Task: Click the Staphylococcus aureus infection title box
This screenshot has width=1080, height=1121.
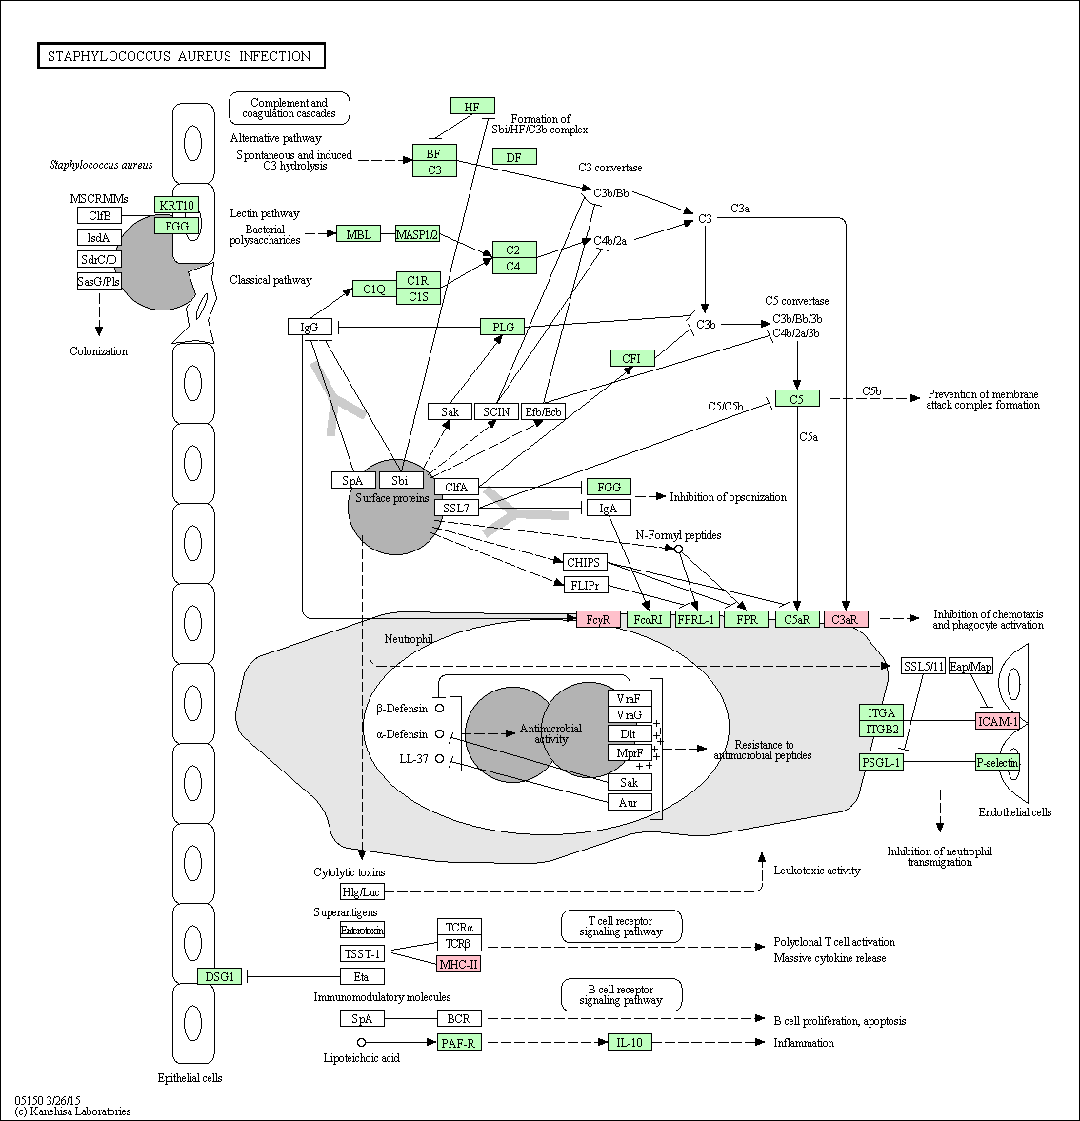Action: (x=181, y=56)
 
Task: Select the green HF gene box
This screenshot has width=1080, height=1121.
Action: (x=472, y=107)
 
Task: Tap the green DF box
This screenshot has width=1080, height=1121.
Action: (x=514, y=156)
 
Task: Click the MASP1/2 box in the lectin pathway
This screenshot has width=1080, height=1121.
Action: (x=417, y=233)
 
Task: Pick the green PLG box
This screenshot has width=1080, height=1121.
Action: (x=503, y=327)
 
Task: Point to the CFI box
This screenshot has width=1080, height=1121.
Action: (x=631, y=358)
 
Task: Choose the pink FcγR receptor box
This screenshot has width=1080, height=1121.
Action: (x=598, y=619)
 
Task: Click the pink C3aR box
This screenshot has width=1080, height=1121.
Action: (x=846, y=619)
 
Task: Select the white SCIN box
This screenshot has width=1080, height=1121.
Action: (x=496, y=411)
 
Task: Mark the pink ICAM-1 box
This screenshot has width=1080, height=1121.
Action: (x=998, y=721)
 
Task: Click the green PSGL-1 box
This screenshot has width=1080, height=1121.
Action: (x=881, y=762)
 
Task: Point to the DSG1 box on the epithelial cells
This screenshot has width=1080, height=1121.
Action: (x=219, y=976)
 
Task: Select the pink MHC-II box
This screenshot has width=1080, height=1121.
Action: (x=459, y=964)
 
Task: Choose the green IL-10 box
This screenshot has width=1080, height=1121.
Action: (x=630, y=1042)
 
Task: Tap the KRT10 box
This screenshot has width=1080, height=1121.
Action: (x=176, y=205)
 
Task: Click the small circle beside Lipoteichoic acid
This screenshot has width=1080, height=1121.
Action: (x=362, y=1042)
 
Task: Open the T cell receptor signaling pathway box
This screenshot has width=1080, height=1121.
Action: (x=621, y=927)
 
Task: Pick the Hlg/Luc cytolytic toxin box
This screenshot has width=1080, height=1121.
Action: (x=362, y=891)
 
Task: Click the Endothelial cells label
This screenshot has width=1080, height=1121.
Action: (x=1015, y=812)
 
